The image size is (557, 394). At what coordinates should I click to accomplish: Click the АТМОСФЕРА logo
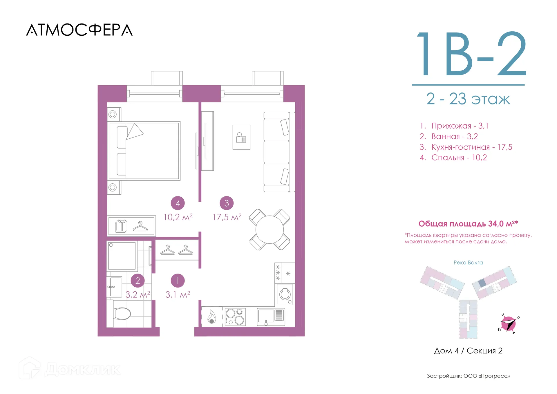pos(79,30)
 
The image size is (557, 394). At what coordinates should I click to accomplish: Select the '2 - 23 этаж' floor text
pos(468,99)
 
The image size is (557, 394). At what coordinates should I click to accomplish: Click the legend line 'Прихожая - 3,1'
pos(454,126)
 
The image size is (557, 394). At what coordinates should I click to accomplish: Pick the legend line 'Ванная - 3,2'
pos(449,136)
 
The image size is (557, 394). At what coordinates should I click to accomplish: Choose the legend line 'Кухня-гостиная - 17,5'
pos(466,147)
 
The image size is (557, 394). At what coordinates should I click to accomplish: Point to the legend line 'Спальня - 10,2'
pos(453,158)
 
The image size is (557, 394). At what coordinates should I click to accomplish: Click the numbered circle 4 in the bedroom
pos(178,203)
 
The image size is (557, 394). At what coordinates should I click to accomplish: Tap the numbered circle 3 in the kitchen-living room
pos(227,203)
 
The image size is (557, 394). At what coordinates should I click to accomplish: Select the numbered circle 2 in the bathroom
pos(138,281)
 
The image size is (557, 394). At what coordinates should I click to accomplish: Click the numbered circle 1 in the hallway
pos(178,281)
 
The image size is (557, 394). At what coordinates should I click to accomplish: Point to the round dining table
pos(270,229)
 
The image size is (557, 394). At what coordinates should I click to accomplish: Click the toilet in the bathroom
pos(122,313)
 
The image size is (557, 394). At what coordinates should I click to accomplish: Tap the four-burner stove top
pos(235,317)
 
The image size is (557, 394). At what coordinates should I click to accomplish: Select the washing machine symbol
pos(285,294)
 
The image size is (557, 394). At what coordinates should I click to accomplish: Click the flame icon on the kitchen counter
pos(211,317)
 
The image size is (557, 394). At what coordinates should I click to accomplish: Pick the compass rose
pos(509,323)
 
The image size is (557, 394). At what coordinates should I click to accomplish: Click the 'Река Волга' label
pos(468,263)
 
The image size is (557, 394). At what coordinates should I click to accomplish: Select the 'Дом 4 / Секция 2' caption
pos(468,351)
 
